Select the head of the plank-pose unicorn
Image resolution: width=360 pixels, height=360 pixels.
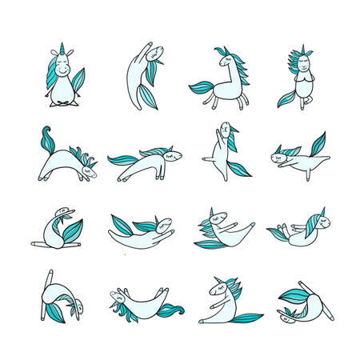point(168,156)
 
